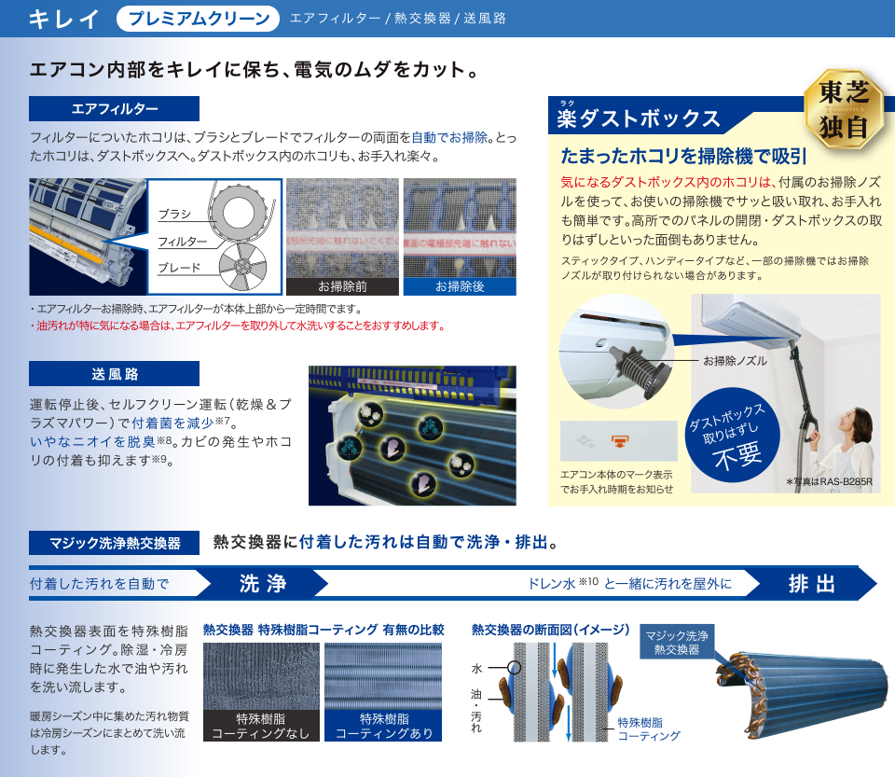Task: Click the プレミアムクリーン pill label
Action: point(199,19)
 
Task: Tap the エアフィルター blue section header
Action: point(115,109)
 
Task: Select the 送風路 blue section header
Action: point(115,374)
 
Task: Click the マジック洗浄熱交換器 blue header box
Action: point(115,543)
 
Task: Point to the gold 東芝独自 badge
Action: point(843,110)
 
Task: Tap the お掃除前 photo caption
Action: point(342,287)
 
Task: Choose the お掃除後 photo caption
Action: point(460,287)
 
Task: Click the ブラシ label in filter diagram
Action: point(174,215)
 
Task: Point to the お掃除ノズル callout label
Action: point(736,361)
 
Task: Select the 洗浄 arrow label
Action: point(262,584)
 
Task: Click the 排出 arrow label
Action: point(811,584)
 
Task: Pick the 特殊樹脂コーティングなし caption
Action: point(259,726)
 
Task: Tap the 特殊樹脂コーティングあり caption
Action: point(383,726)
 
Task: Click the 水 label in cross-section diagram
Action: point(476,668)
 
